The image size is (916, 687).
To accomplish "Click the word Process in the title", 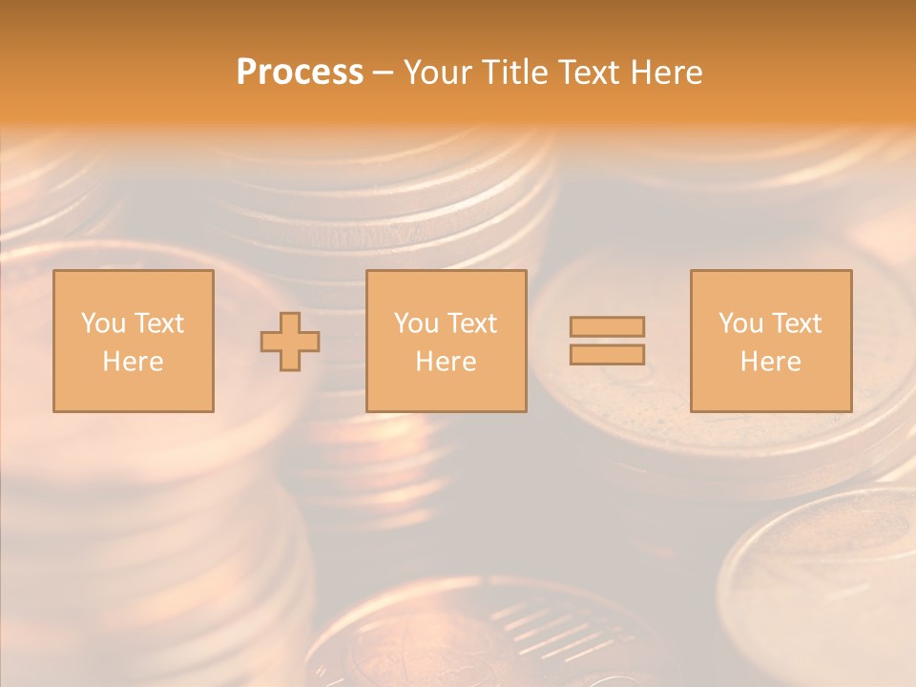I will tap(300, 73).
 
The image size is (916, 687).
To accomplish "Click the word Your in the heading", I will tap(439, 73).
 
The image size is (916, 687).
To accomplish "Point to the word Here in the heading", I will tap(667, 73).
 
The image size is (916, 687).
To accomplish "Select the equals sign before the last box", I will tap(607, 341).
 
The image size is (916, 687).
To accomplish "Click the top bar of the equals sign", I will tap(607, 327).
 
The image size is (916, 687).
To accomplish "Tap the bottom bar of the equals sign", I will tap(607, 354).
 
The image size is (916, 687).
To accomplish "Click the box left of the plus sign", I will tap(133, 341).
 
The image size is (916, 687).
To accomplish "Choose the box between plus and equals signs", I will tap(446, 341).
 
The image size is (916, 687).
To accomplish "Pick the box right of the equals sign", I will tap(770, 341).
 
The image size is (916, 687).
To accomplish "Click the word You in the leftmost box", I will tap(102, 323).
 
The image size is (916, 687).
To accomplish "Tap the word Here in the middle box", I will tap(446, 362).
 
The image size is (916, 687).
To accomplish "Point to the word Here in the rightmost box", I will tap(770, 362).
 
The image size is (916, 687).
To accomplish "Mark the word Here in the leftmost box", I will tap(133, 362).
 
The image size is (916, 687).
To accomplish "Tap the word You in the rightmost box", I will tap(739, 323).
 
